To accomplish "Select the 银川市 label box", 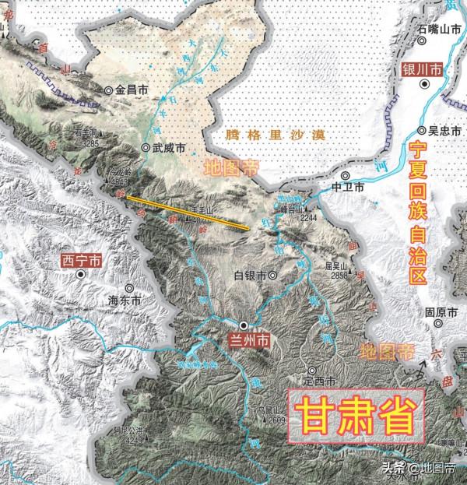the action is coord(422,70).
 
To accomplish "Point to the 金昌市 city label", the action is coord(132,90).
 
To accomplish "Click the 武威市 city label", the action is coord(168,147).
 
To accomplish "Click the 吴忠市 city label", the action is coord(441,130).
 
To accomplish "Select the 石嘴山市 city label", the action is coord(439,29).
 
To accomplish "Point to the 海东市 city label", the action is coord(125,299).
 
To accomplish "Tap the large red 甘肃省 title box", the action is coord(356,412).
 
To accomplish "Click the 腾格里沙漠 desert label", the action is coord(263,135).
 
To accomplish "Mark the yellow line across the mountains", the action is coord(187,210).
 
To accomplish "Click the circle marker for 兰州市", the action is coord(244,325).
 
